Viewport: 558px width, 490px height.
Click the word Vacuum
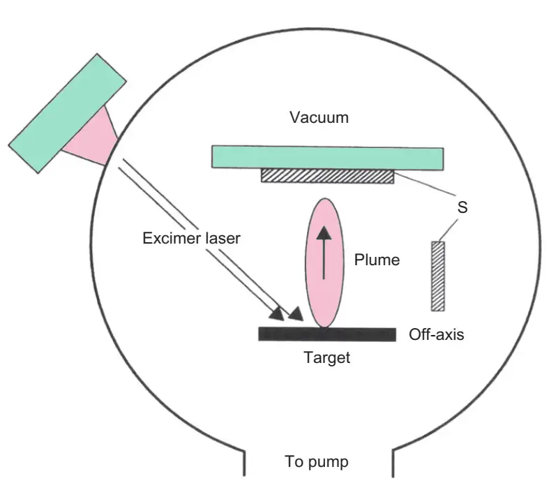319,117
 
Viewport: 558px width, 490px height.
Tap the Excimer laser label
191,238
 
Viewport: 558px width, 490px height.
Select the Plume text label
377,260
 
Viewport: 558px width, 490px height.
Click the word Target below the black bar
326,357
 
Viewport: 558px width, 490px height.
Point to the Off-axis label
437,334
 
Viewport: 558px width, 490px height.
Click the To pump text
317,462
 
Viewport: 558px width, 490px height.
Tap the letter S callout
462,207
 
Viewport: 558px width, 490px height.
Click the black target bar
327,334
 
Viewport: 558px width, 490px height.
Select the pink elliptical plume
324,263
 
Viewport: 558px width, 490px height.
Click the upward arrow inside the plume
324,253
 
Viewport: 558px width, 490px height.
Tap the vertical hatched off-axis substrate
438,276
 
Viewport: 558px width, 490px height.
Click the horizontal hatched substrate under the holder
327,176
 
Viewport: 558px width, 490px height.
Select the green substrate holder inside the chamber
327,157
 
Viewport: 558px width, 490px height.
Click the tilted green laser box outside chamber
67,114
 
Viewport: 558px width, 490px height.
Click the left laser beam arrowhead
276,313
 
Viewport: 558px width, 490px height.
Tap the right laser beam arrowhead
296,313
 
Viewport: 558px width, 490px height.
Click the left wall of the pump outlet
245,463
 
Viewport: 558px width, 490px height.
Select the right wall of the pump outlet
393,463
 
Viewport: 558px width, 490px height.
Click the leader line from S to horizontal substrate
425,184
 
